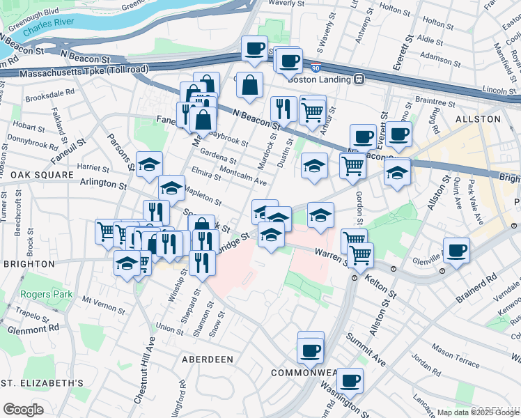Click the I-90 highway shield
(x=316, y=68)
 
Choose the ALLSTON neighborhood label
(x=480, y=119)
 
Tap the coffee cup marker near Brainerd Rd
(x=456, y=251)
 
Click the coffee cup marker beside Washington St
(x=350, y=380)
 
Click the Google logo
(x=23, y=410)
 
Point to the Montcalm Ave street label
(x=242, y=176)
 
